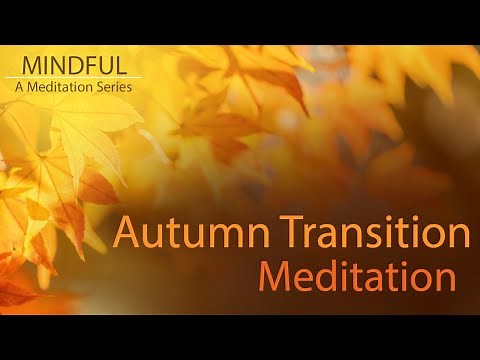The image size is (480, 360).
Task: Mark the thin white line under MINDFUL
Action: tap(72, 77)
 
